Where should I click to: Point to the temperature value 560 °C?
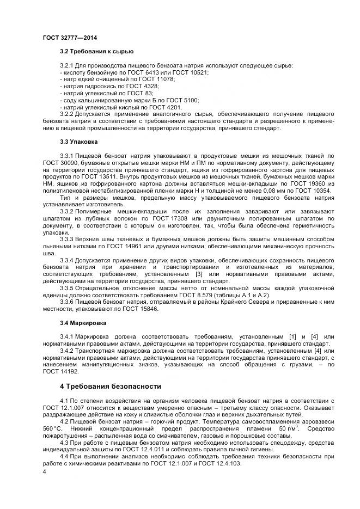click(x=53, y=429)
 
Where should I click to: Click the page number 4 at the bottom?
click(x=45, y=471)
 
